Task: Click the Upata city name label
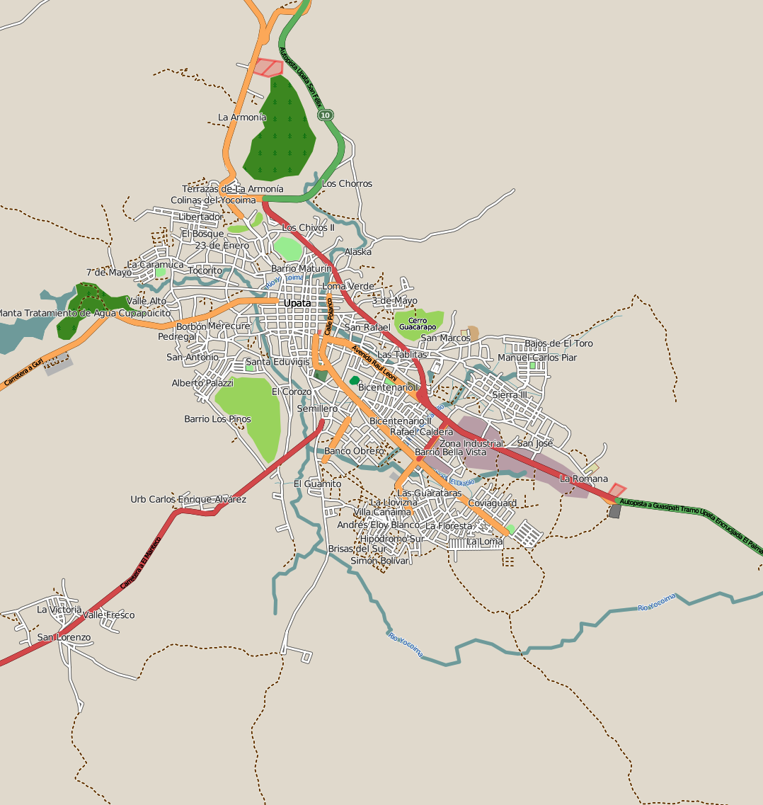(x=297, y=303)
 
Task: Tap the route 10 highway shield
(x=325, y=115)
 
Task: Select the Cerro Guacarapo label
(x=417, y=324)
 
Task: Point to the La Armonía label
(x=242, y=118)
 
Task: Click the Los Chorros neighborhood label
(x=347, y=184)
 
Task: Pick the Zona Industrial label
(x=471, y=444)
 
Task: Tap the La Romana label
(x=583, y=479)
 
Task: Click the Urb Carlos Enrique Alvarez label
(x=188, y=500)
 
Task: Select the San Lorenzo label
(x=64, y=638)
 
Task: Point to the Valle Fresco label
(x=108, y=615)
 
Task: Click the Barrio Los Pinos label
(x=217, y=419)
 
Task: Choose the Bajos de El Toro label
(x=558, y=344)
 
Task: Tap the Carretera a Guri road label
(x=24, y=372)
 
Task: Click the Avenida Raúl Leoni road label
(x=374, y=362)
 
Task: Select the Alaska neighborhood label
(x=357, y=252)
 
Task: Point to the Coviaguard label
(x=493, y=503)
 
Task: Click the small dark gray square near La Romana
(x=614, y=511)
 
